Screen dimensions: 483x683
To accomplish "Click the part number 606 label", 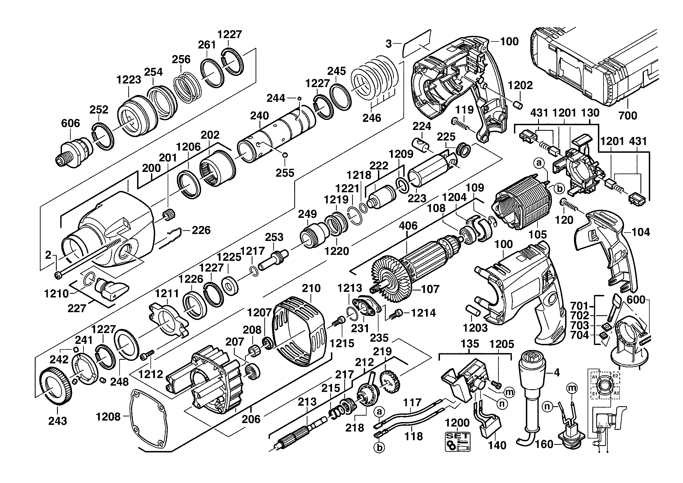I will (x=71, y=123).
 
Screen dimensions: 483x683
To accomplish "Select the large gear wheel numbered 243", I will (x=55, y=386).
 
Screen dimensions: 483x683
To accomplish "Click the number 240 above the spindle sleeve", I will (x=259, y=116).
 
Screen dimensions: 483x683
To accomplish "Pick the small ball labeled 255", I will (x=285, y=155).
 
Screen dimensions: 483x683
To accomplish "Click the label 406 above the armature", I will (x=408, y=226).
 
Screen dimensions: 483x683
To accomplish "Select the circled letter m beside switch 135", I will (x=509, y=393).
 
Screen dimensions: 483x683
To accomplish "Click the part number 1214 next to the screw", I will (x=423, y=313).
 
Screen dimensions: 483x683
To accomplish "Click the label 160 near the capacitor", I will (x=544, y=445).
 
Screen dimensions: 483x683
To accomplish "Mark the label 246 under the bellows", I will (x=372, y=118).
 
